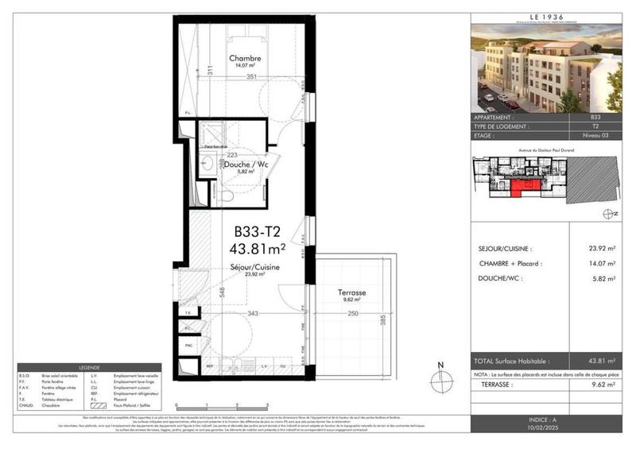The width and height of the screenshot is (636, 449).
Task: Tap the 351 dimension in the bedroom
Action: tap(251, 76)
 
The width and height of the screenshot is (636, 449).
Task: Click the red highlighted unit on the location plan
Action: tap(523, 188)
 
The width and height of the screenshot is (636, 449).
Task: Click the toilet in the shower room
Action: tap(228, 195)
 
